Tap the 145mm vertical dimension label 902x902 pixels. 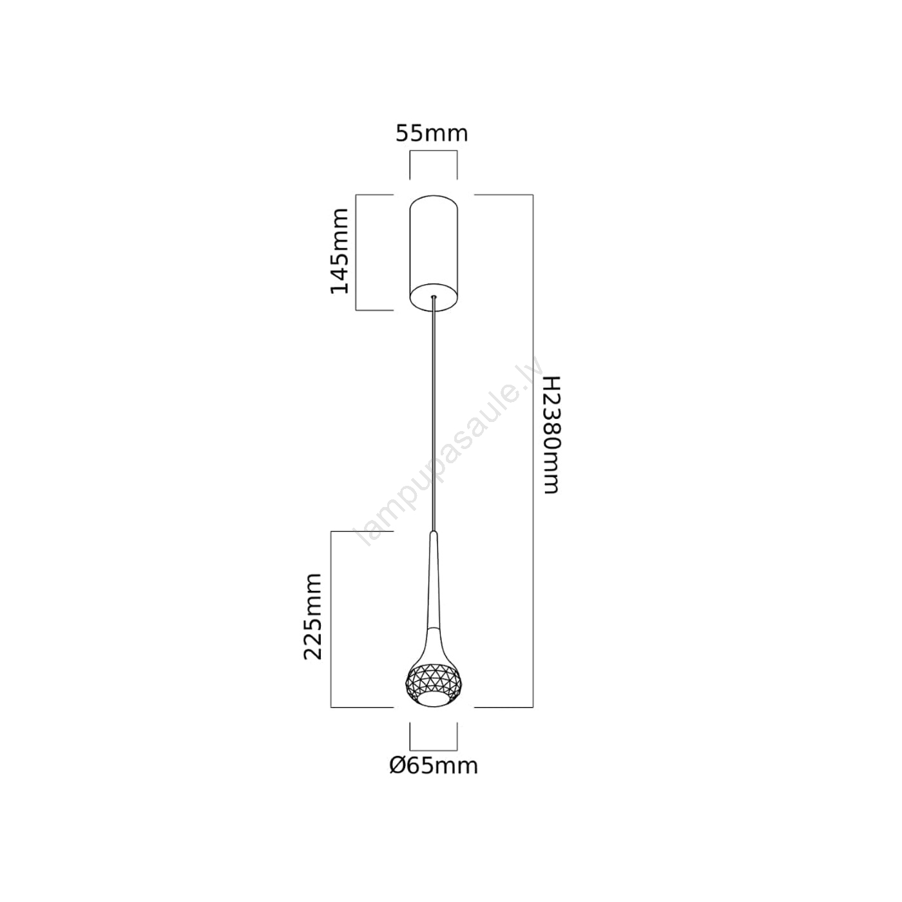340,251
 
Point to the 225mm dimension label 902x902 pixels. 313,616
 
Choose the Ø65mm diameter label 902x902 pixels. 434,765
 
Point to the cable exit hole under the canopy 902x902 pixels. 434,297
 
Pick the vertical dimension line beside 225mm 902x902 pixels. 331,619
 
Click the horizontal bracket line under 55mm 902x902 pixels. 434,151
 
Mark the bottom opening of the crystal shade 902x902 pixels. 434,700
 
